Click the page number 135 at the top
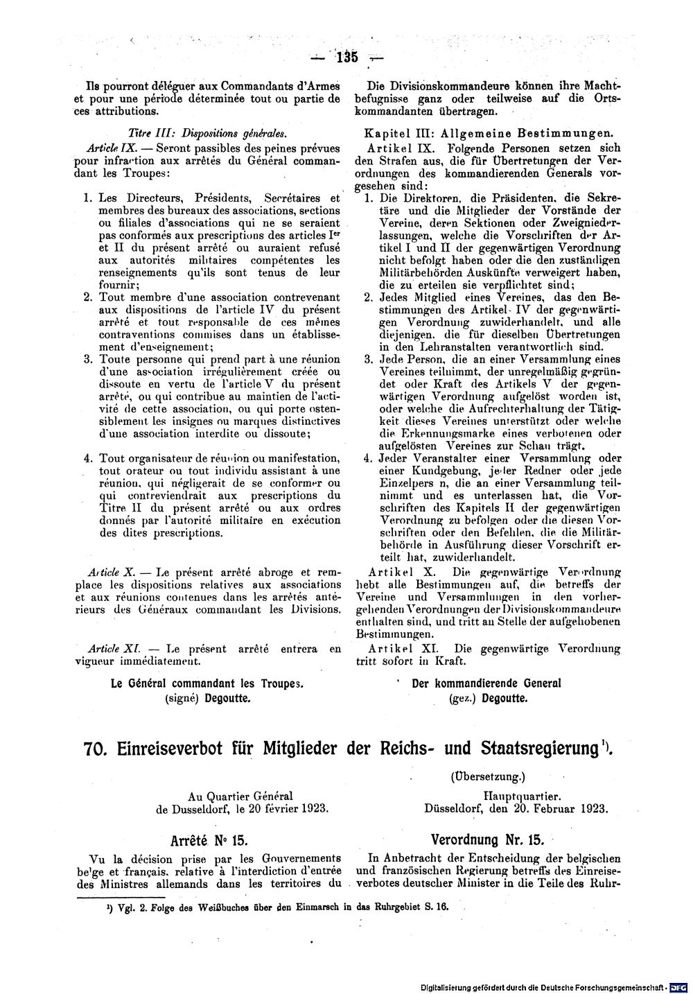point(346,58)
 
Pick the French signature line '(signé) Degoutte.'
point(207,699)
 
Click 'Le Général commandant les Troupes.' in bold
point(208,683)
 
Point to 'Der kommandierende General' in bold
point(486,683)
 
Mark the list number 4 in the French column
point(88,458)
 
